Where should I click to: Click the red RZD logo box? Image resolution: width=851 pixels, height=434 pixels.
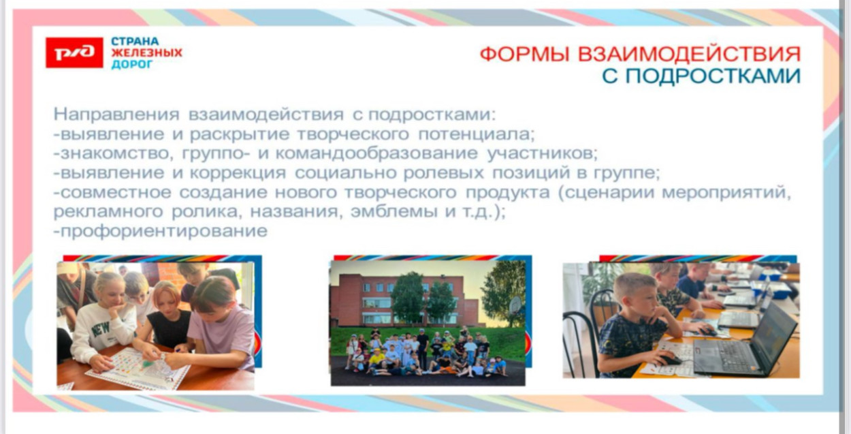coord(74,52)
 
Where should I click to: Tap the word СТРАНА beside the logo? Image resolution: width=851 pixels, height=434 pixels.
coord(135,41)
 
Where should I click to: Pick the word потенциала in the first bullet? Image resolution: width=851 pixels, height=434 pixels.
coord(472,133)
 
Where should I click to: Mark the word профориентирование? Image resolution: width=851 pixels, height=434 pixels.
coord(163,232)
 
